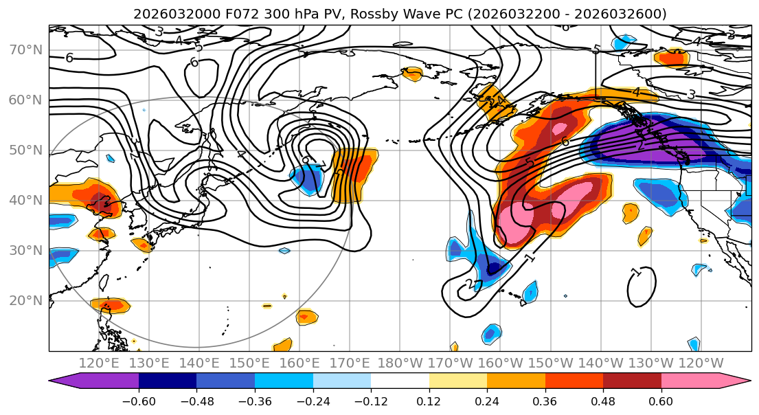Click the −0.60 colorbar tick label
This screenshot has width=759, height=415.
(139, 399)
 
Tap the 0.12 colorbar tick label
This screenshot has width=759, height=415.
(429, 399)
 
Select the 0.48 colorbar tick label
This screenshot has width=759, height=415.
(603, 399)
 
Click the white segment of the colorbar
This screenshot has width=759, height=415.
(400, 382)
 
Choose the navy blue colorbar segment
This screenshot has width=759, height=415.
(168, 382)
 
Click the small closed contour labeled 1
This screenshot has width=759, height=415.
(642, 287)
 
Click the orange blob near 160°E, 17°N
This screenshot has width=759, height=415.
(306, 317)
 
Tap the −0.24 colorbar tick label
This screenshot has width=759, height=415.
(313, 399)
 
